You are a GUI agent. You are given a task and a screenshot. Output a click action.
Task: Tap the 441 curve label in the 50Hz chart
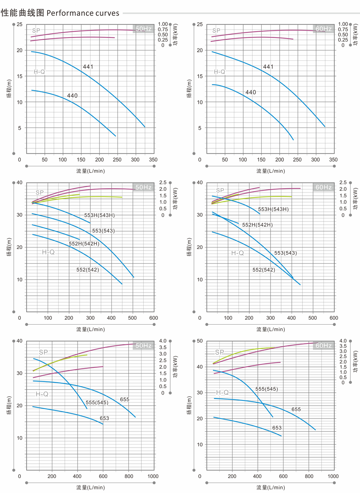[x=88, y=67]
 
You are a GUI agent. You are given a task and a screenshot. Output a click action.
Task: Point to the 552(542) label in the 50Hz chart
[x=88, y=270]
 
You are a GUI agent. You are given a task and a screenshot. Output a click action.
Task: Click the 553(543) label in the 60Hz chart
[x=285, y=253]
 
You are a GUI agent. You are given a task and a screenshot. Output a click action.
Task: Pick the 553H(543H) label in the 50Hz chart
[x=100, y=215]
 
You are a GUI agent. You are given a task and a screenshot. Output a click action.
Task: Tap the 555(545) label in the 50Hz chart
[x=97, y=402]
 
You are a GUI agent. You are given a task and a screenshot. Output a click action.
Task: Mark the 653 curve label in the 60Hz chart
[x=277, y=428]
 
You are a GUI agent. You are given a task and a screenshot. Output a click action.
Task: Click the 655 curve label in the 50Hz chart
[x=124, y=400]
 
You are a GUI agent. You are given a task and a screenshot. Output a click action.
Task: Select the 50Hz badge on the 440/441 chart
[x=144, y=29]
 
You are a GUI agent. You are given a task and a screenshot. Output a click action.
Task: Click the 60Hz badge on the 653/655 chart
[x=324, y=345]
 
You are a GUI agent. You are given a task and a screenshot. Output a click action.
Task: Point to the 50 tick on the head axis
[x=199, y=341]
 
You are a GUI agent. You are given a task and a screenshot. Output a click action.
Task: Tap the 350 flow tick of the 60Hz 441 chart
[x=333, y=159]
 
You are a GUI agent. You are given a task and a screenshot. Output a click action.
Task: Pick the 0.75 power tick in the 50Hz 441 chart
[x=163, y=29]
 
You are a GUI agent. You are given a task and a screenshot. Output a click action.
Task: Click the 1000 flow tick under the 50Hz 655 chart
[x=153, y=476]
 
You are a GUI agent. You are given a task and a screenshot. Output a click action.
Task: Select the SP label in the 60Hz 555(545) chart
[x=219, y=352]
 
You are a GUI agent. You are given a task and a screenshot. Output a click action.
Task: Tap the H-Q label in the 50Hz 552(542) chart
[x=48, y=252]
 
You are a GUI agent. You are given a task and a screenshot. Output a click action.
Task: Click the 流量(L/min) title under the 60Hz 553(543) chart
[x=270, y=329]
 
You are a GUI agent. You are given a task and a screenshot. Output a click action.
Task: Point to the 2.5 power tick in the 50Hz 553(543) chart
[x=163, y=182]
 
